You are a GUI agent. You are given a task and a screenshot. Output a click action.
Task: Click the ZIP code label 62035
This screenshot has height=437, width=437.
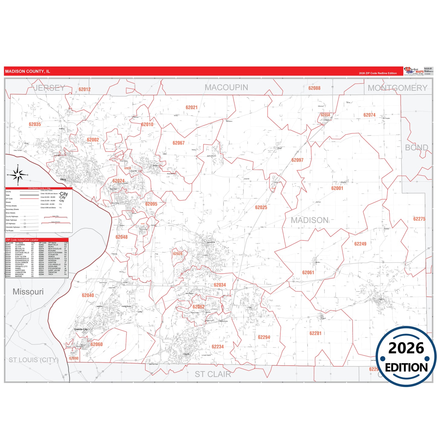pyautogui.click(x=35, y=124)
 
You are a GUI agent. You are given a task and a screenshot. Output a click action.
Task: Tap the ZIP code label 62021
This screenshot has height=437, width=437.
pyautogui.click(x=191, y=107)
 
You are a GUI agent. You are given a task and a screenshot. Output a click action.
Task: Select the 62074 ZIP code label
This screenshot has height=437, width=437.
pyautogui.click(x=369, y=115)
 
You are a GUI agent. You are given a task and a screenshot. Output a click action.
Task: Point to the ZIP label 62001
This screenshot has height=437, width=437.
pyautogui.click(x=337, y=188)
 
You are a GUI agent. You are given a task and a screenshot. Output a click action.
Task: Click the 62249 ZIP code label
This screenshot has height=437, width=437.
pyautogui.click(x=360, y=244)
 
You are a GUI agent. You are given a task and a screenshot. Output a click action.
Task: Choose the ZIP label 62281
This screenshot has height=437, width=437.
pyautogui.click(x=315, y=333)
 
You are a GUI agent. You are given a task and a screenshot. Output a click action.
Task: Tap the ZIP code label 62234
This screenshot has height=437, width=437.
pyautogui.click(x=217, y=347)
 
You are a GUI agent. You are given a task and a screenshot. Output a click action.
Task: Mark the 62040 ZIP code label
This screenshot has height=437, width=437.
pyautogui.click(x=88, y=295)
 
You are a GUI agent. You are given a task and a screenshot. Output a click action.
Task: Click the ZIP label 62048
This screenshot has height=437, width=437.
pyautogui.click(x=121, y=237)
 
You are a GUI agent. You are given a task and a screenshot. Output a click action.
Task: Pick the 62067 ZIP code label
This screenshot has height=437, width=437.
pyautogui.click(x=178, y=143)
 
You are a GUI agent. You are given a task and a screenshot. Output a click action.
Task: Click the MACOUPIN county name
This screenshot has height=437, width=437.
pyautogui.click(x=226, y=87)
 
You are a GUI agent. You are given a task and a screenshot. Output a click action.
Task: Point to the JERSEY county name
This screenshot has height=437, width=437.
pyautogui.click(x=49, y=88)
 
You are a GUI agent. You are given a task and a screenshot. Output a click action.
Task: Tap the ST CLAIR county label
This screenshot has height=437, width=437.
pyautogui.click(x=213, y=374)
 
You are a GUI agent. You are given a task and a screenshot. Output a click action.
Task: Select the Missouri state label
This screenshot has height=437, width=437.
pyautogui.click(x=28, y=292)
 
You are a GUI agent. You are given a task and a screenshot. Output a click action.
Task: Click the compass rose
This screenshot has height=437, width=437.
pyautogui.click(x=18, y=175)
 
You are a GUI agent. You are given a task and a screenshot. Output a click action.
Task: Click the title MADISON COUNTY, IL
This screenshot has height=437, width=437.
pyautogui.click(x=28, y=71)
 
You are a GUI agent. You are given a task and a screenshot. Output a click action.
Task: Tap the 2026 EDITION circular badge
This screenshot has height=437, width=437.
pyautogui.click(x=406, y=357)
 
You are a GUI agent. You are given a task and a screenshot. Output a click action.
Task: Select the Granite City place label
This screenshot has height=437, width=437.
pyautogui.click(x=81, y=329)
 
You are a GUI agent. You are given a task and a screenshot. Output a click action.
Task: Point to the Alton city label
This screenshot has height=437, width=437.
pyautogui.click(x=63, y=179)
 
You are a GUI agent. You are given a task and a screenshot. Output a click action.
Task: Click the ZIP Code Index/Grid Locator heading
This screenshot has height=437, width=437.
pyautogui.click(x=22, y=240)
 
